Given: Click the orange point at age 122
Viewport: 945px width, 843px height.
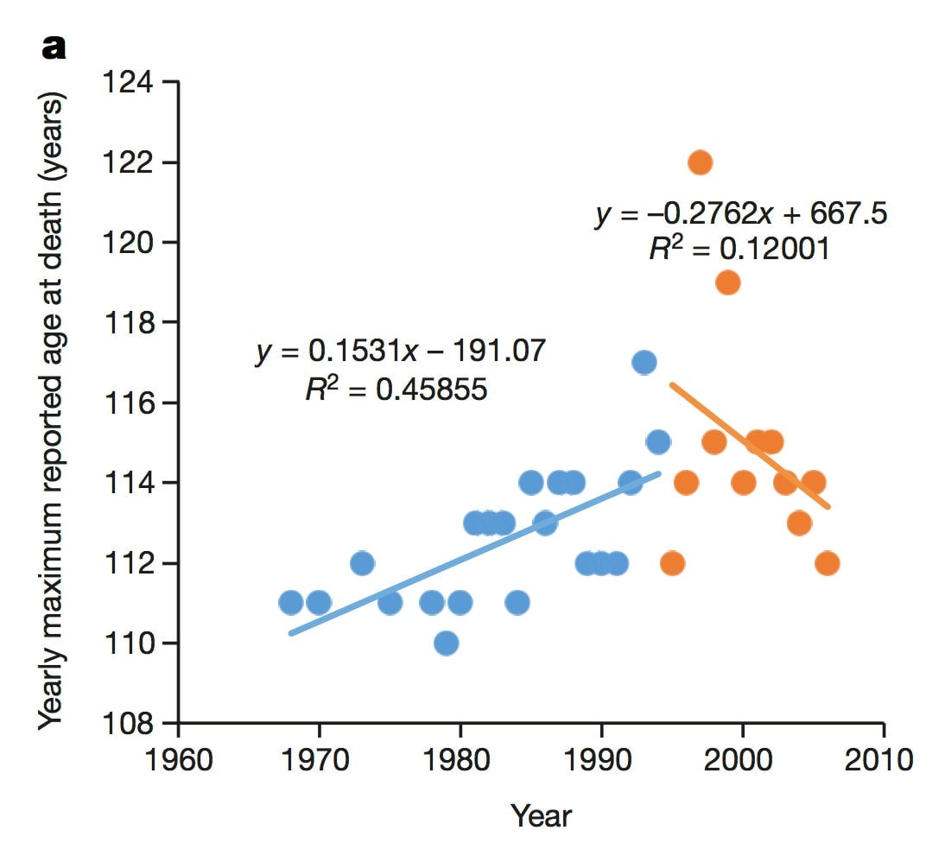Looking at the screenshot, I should click(x=700, y=162).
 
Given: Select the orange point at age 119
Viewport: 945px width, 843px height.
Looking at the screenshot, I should click(x=727, y=282).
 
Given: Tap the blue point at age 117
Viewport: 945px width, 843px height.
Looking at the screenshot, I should click(x=644, y=362).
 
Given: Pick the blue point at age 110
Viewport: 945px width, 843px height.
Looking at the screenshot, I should click(x=446, y=643).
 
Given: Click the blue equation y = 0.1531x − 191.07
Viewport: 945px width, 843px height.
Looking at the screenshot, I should click(x=401, y=352).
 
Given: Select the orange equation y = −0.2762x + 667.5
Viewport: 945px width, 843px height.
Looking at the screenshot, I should click(x=740, y=214).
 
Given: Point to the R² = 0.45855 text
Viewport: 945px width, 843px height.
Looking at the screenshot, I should click(x=396, y=390).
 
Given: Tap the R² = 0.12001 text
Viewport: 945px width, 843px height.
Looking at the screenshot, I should click(x=739, y=250).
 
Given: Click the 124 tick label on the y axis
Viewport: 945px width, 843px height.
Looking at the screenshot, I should click(x=128, y=83).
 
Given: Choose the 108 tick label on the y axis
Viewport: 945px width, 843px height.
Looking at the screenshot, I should click(x=128, y=723).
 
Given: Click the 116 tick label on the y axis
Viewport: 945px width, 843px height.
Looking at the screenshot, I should click(x=128, y=403).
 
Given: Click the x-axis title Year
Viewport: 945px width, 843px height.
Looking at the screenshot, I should click(x=541, y=814).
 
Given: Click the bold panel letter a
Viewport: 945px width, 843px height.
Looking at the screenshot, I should click(x=54, y=48).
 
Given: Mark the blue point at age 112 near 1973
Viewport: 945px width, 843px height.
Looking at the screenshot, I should click(x=362, y=563).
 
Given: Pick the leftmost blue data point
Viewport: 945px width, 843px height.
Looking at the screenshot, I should click(x=291, y=602).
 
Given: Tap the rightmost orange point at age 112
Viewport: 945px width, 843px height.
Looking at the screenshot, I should click(x=827, y=563).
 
